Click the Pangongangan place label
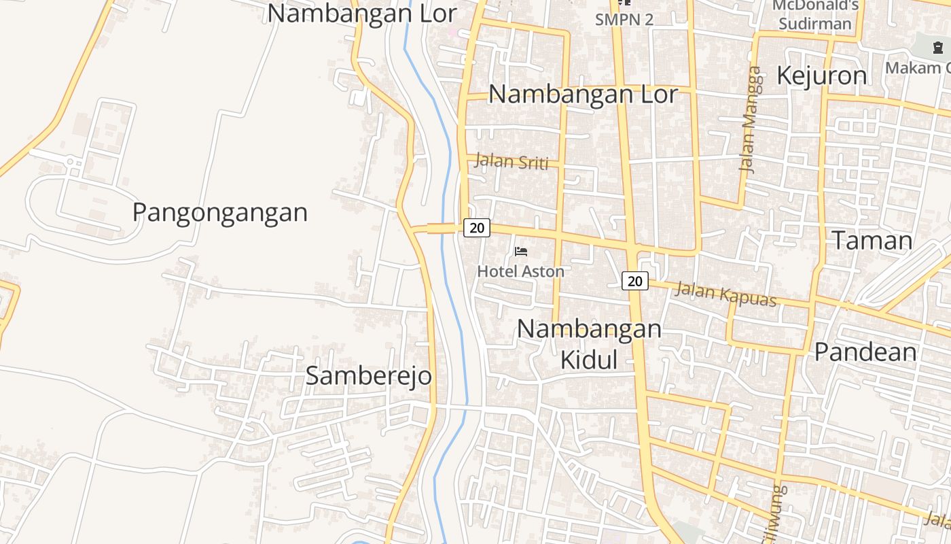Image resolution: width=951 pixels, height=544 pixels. point(220,213)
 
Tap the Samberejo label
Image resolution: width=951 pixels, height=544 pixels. point(368,375)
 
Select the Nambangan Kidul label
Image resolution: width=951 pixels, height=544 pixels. point(589,344)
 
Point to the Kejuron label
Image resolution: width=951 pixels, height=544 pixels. point(821,75)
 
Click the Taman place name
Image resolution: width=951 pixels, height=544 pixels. point(872,241)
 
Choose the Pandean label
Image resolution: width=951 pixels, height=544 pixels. point(865,352)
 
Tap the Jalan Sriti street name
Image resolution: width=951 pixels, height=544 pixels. point(512,162)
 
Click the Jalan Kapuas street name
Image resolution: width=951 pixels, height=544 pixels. point(726,294)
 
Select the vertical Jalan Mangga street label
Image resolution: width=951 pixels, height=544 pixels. point(749,120)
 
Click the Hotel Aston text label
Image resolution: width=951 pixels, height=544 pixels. point(520,271)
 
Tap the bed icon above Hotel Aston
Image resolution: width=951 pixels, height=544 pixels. point(521,252)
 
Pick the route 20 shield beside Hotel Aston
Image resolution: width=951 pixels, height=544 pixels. point(477,228)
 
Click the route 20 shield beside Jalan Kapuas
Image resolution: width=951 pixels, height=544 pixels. point(635,280)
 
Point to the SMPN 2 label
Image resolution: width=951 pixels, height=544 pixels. point(624,20)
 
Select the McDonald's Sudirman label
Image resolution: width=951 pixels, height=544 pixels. point(815,15)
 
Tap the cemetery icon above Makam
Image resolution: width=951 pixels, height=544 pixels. point(938,48)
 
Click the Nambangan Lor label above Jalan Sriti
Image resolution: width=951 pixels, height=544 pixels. point(583,95)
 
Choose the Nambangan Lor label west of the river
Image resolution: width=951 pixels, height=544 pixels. point(361,13)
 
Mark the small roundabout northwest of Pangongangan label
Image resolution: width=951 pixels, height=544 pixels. point(71,162)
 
